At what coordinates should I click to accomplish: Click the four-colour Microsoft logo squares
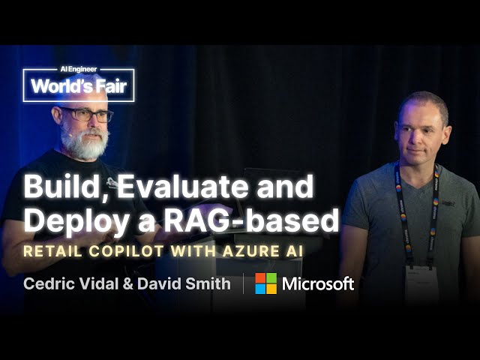point(265,283)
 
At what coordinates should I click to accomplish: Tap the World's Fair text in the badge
point(79,88)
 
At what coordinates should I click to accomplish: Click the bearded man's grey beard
point(85,143)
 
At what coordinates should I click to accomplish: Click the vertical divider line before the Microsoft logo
point(243,283)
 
